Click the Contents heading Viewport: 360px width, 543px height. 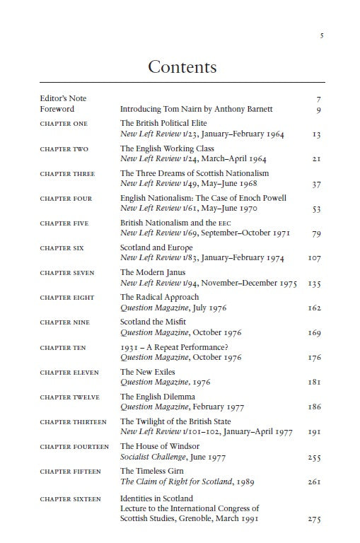182,67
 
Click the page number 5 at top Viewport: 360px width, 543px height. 322,36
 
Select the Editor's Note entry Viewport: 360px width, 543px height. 63,99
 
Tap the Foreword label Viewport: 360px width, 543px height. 57,110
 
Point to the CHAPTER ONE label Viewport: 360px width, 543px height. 64,124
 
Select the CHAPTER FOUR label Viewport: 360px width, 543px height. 66,199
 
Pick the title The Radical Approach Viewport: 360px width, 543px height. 159,297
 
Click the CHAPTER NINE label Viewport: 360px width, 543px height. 64,322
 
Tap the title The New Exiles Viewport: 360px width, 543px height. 148,372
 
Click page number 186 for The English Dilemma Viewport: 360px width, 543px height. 315,407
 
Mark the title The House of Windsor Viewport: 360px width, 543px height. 160,446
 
